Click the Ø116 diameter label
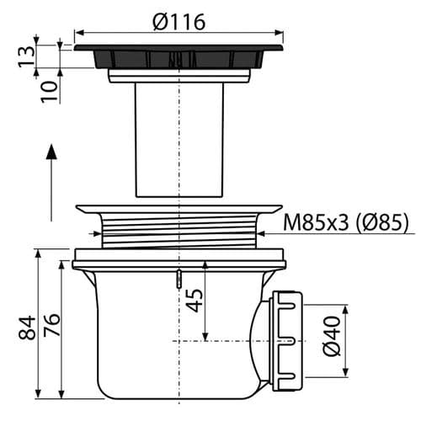coord(179,22)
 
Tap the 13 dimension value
coord(27,56)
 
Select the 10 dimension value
coord(50,92)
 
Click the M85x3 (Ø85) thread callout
coord(346,223)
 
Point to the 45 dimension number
coord(195,300)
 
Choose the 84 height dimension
coord(27,328)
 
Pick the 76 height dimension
coord(51,325)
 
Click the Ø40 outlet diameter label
coord(332,336)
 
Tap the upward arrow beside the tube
coord(51,183)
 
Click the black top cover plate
coord(179,56)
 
